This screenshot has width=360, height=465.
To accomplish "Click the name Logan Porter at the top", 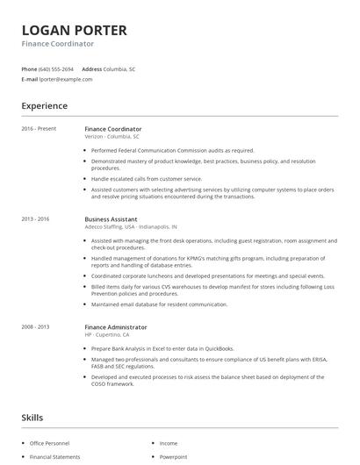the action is [x=74, y=30].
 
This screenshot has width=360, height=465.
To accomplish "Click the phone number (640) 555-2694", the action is [x=57, y=68].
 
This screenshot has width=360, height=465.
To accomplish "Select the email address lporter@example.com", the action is [x=66, y=79].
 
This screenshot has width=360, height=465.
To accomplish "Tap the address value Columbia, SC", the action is [x=119, y=68].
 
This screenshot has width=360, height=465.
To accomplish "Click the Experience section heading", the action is [x=45, y=106].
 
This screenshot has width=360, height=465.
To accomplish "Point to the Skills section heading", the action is [x=32, y=418].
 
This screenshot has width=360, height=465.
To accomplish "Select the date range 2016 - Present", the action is [x=39, y=129].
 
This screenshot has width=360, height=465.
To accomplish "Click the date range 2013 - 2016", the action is [x=36, y=218].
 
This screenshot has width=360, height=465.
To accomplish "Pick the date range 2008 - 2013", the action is [x=36, y=327].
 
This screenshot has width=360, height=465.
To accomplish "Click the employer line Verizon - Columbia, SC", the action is [x=112, y=137].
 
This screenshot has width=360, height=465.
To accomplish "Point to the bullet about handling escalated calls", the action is [x=147, y=178].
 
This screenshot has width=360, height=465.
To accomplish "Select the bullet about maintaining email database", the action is [x=159, y=304].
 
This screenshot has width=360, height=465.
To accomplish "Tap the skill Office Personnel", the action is [x=50, y=444].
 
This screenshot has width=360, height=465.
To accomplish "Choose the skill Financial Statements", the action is [x=54, y=457].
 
